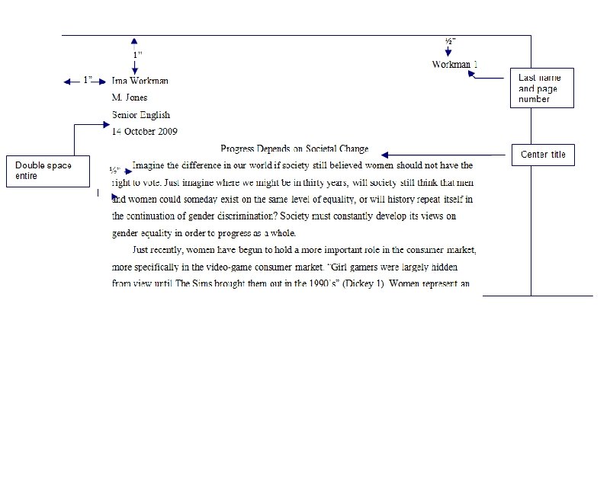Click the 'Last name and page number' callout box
(541, 88)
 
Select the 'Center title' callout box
(543, 155)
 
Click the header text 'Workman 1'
(454, 65)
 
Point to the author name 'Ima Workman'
(140, 81)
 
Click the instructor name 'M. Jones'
(130, 98)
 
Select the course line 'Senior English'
(141, 115)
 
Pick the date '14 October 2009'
(145, 132)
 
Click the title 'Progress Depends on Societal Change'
(294, 149)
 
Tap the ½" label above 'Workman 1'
(451, 41)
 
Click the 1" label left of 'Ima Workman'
(88, 80)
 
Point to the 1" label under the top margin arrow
(137, 55)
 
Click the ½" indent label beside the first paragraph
(114, 170)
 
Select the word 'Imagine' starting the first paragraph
(149, 165)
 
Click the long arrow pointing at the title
(442, 155)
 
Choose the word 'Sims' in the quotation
(201, 283)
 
